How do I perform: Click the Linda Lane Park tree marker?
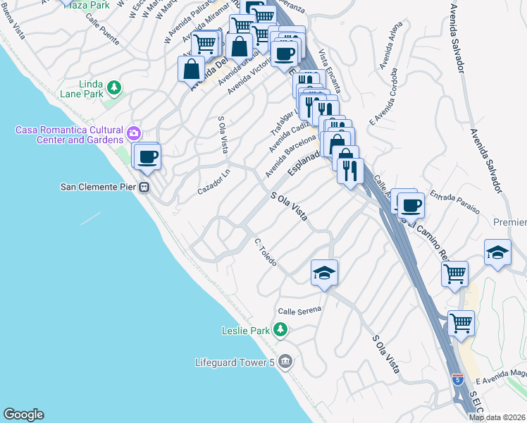pos(113,87)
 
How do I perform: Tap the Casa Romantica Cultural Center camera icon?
pos(134,133)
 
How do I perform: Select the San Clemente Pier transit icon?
pos(144,188)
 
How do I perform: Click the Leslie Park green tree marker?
pos(280,329)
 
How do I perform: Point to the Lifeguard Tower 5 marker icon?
pos(285,362)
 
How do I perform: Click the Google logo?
pos(23,415)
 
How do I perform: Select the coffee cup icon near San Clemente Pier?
pos(147,157)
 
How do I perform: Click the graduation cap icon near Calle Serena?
pos(324,272)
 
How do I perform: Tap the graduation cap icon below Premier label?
pos(497,253)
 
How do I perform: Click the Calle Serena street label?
pos(299,309)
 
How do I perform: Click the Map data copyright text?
pos(497,417)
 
